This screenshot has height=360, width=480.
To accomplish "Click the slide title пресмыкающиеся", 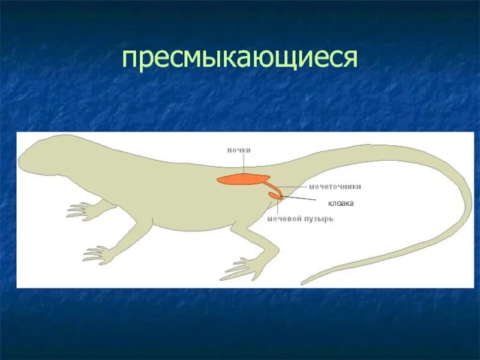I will click(x=240, y=58).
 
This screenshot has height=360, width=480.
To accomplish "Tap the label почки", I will click(x=239, y=150).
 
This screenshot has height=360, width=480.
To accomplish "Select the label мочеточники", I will click(x=335, y=187).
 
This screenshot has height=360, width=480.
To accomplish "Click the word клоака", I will click(x=341, y=203).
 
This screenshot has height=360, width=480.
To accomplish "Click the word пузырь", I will click(x=318, y=219).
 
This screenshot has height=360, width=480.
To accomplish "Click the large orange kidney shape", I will click(x=243, y=179).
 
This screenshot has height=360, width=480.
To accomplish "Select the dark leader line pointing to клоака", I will click(x=300, y=197).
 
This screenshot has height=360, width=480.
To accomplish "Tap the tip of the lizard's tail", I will click(x=304, y=282).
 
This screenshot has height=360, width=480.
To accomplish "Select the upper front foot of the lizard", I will click(x=81, y=210).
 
